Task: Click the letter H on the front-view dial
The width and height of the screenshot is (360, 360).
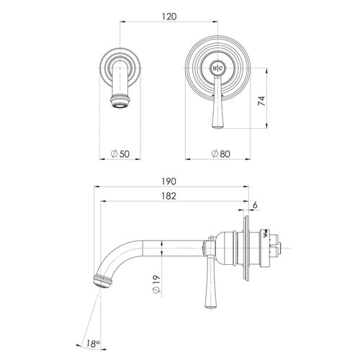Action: (x=215, y=67)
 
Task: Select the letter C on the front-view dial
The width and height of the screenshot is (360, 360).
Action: (x=222, y=67)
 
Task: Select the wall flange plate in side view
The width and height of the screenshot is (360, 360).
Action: (x=248, y=245)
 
